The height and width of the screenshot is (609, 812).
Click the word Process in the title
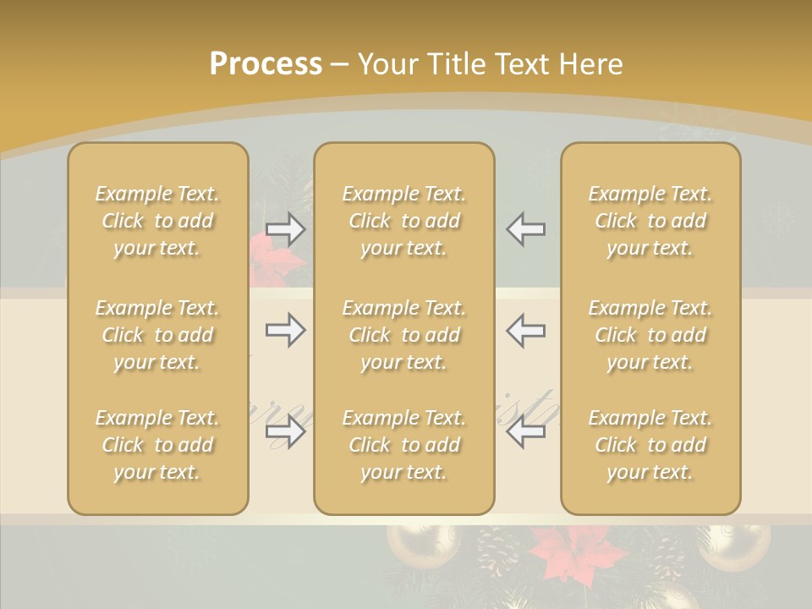tap(266, 64)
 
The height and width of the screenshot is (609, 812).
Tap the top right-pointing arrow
tap(286, 229)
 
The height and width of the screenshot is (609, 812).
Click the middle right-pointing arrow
tap(286, 330)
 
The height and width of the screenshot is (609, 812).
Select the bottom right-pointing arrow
tap(286, 432)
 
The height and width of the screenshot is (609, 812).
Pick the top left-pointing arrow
tap(525, 229)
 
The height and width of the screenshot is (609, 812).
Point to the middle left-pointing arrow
tap(525, 330)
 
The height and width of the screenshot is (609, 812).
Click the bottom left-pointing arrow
tap(525, 432)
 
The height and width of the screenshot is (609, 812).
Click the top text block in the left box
tap(157, 221)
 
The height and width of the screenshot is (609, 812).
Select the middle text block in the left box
tap(157, 335)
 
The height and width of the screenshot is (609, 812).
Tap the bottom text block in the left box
tap(157, 445)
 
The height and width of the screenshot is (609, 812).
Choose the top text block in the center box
tap(404, 221)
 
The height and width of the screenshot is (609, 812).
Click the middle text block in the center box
tap(404, 335)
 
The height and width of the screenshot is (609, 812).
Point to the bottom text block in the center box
tap(404, 445)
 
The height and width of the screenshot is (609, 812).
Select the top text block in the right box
tap(650, 221)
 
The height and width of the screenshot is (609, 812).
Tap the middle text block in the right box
tap(650, 335)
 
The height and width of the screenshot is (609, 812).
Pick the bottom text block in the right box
tap(650, 445)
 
